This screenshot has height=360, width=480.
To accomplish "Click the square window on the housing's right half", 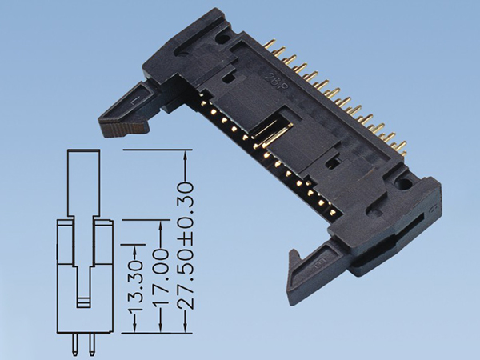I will (334, 166).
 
